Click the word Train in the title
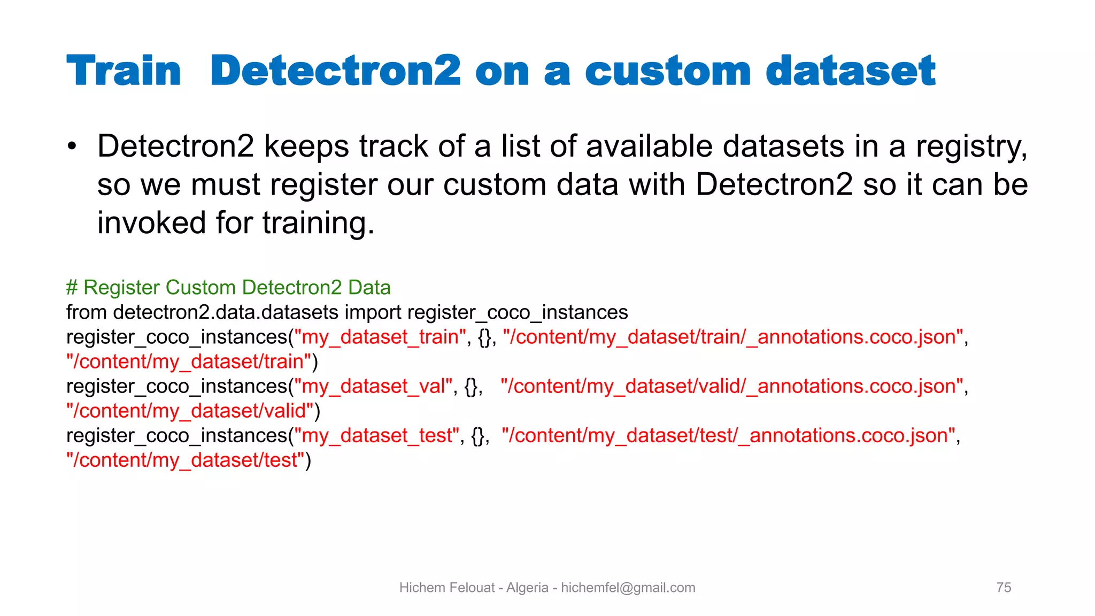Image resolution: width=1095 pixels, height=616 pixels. [x=124, y=71]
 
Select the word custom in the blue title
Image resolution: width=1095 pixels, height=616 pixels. [x=668, y=71]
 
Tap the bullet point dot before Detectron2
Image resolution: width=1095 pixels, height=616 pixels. [x=72, y=147]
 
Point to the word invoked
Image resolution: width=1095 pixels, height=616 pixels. [x=151, y=222]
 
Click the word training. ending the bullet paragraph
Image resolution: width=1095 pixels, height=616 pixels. [x=318, y=222]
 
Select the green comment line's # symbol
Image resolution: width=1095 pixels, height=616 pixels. [x=72, y=288]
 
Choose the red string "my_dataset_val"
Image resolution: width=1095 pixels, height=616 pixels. [x=374, y=386]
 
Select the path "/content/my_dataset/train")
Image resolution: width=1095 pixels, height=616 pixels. [x=189, y=361]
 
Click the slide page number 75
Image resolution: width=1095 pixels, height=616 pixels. [x=1004, y=588]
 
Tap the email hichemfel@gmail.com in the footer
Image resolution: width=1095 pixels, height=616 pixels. [x=628, y=588]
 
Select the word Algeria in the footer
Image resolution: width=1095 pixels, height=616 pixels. [x=527, y=588]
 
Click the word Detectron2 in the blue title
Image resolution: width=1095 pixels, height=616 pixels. [x=335, y=71]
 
